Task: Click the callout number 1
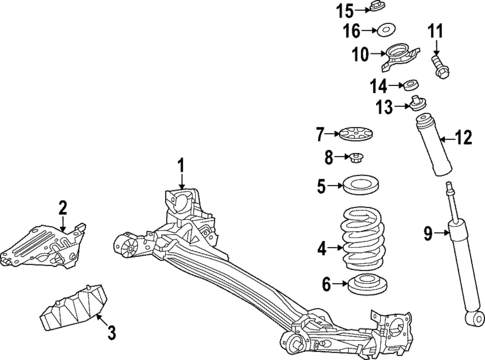click(x=181, y=165)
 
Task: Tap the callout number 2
click(x=62, y=207)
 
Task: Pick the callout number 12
click(x=462, y=138)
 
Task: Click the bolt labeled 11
click(x=441, y=67)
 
